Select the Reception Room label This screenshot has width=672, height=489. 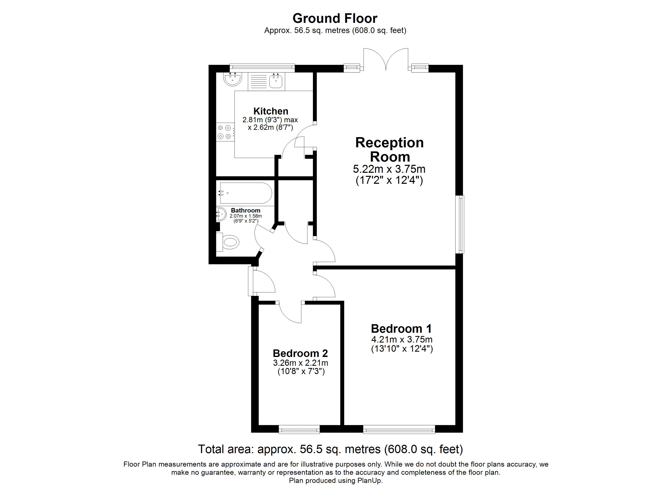pos(390,150)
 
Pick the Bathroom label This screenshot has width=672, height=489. pos(246,210)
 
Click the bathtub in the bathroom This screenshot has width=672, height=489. pos(246,193)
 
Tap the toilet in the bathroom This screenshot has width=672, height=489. pos(227,242)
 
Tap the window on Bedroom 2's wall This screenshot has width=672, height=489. pos(299,429)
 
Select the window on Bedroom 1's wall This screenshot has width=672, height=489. pos(399,429)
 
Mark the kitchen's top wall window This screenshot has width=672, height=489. pos(262,68)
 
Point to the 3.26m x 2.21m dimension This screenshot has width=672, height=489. pos(300,363)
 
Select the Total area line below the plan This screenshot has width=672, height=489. pos(330,449)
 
